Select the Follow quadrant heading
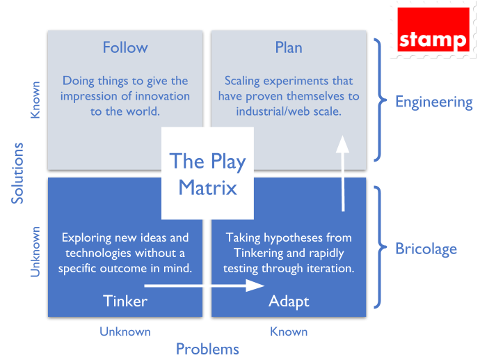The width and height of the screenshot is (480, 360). tap(125, 47)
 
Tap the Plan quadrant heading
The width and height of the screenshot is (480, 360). tap(289, 47)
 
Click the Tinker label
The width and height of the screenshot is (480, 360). tap(125, 301)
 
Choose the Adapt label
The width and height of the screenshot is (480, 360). tap(289, 301)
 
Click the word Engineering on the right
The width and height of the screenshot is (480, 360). tap(433, 102)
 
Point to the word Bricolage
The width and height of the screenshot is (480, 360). tap(426, 249)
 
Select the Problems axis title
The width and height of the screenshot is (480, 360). tap(207, 349)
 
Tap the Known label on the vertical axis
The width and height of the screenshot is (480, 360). tap(35, 100)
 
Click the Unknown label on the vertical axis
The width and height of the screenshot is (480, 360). tap(35, 249)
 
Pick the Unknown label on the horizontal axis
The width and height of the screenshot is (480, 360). tap(125, 331)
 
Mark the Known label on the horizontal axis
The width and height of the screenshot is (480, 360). tap(289, 331)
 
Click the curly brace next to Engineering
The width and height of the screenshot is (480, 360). tap(379, 100)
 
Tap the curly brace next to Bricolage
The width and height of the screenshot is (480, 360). tap(379, 246)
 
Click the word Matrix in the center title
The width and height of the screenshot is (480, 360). tap(207, 187)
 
